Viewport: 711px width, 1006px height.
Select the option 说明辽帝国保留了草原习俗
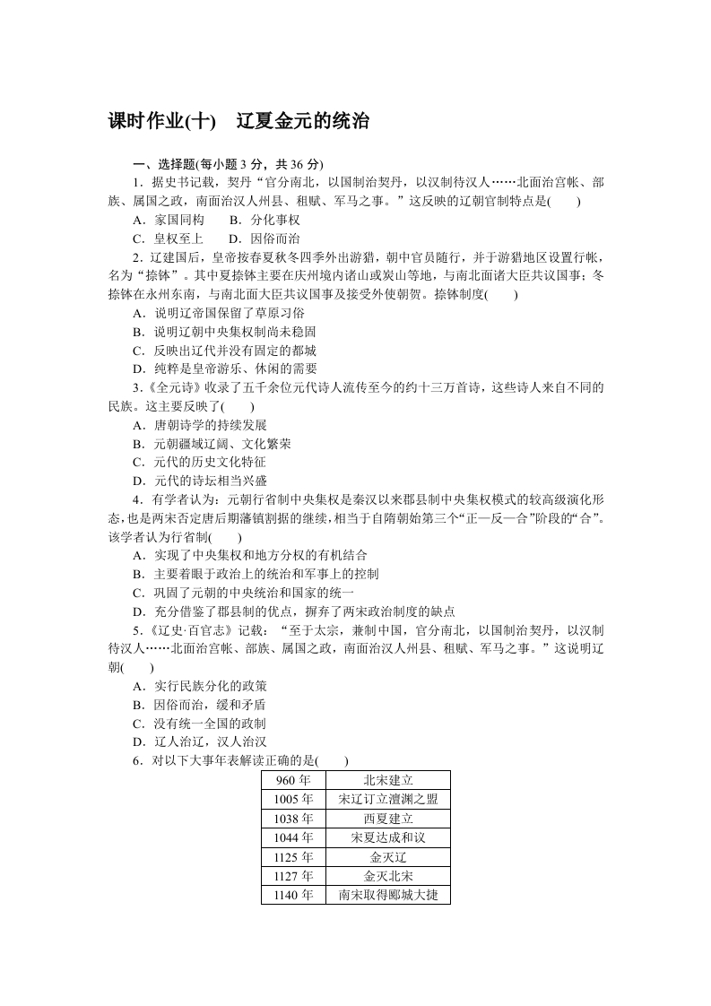click(218, 313)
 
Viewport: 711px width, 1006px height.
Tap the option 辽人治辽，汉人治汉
click(199, 741)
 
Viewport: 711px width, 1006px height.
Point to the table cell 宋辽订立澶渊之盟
click(388, 799)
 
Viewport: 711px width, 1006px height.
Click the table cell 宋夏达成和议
click(388, 837)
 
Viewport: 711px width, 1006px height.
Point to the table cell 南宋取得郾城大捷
click(388, 895)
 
